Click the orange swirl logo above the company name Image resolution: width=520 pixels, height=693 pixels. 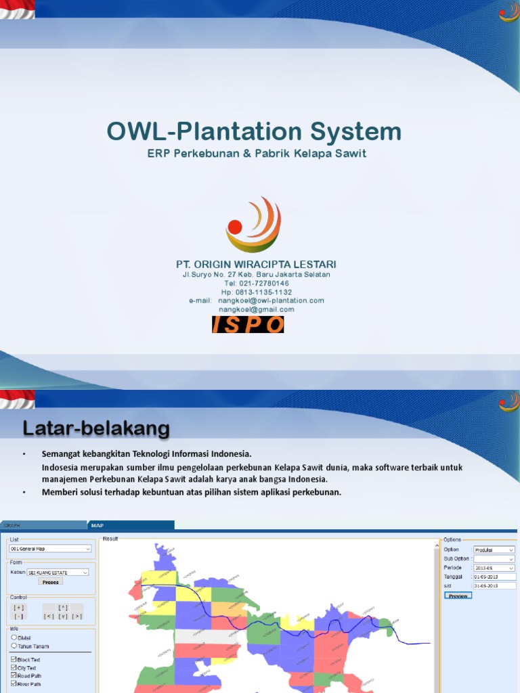click(x=253, y=224)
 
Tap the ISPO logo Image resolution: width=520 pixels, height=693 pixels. click(x=248, y=325)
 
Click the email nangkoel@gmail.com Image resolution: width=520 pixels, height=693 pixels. click(x=256, y=309)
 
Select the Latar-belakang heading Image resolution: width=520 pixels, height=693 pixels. click(x=97, y=428)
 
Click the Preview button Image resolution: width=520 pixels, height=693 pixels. click(x=458, y=596)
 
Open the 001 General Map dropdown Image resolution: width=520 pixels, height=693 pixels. click(x=51, y=549)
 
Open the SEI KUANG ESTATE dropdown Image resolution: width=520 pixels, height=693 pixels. click(x=58, y=572)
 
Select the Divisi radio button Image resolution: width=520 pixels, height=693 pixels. click(x=14, y=638)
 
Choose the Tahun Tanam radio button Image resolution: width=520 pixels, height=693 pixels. click(x=14, y=646)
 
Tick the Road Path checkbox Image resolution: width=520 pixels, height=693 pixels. click(x=14, y=675)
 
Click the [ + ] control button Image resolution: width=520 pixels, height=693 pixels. click(x=19, y=608)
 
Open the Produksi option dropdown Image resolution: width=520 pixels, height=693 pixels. click(x=494, y=550)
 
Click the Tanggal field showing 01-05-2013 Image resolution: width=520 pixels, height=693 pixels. click(x=494, y=577)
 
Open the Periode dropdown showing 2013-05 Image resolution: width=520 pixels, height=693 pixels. click(x=494, y=568)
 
